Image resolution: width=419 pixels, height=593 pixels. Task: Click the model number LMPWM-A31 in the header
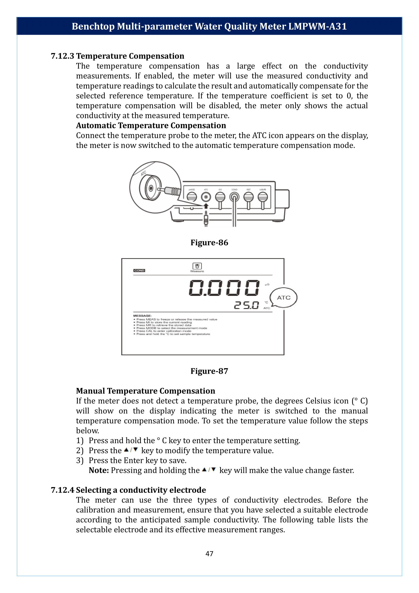317,26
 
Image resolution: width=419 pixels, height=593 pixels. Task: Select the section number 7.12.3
62,56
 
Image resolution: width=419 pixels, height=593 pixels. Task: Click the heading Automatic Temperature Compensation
151,125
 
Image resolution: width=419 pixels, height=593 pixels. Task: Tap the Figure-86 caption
209,243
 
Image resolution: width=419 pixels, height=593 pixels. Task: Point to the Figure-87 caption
209,371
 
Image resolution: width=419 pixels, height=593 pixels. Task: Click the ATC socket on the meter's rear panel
206,197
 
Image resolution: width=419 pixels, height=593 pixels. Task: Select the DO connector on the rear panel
220,197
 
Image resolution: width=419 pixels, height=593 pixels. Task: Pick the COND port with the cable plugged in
234,197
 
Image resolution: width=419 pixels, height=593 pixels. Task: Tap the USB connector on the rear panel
263,197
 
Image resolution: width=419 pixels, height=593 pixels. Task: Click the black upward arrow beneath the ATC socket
206,206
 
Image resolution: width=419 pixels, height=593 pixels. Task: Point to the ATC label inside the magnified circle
143,173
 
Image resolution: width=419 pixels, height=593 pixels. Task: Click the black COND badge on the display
139,271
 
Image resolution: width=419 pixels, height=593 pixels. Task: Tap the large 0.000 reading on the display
224,288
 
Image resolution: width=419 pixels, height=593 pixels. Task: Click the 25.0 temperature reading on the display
246,305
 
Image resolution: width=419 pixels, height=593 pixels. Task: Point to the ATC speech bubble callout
283,298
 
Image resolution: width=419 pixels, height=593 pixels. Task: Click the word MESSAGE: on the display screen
142,316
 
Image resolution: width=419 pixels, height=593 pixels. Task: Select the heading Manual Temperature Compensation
145,391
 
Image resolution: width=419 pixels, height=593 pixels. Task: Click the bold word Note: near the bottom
99,470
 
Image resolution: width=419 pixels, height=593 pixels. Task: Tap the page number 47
209,553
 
